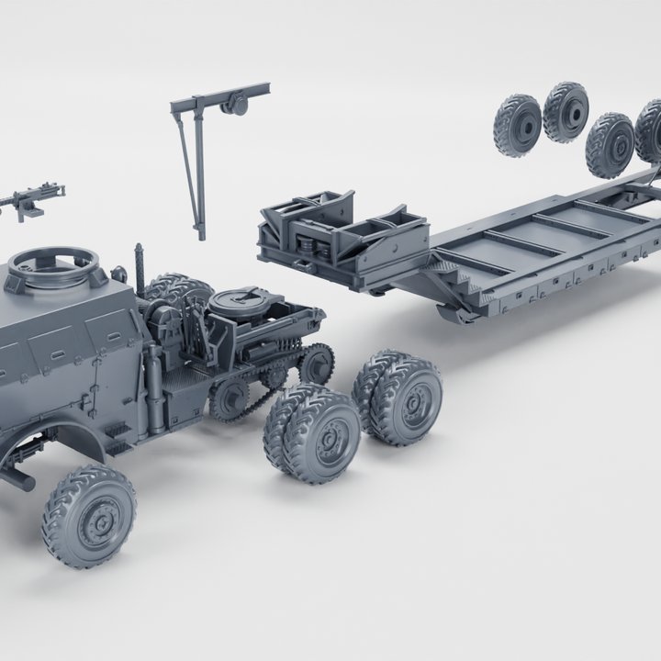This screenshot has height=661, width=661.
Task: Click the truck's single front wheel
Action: (x=89, y=515)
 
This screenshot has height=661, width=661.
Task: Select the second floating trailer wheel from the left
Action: (x=566, y=112)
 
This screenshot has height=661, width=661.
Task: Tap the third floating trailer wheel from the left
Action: (x=610, y=144)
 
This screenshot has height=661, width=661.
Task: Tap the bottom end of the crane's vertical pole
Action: (x=200, y=233)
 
